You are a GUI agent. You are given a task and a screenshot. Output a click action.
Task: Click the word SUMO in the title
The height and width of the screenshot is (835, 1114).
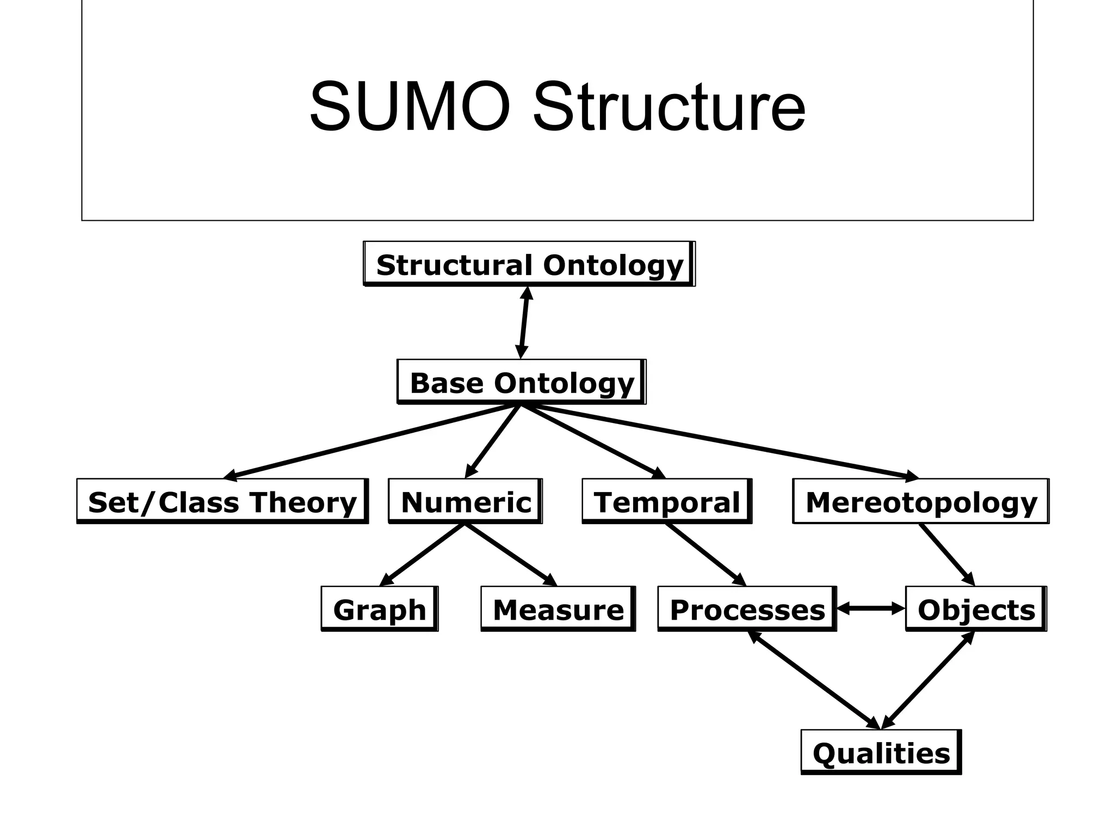(411, 107)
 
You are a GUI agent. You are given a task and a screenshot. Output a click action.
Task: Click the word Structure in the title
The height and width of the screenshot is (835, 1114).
(669, 107)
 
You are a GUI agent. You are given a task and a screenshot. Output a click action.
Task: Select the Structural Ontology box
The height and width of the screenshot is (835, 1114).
(529, 264)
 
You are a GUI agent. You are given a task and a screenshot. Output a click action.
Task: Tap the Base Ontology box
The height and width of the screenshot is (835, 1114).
(522, 382)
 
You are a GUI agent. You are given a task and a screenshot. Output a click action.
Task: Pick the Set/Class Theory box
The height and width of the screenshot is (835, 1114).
(222, 501)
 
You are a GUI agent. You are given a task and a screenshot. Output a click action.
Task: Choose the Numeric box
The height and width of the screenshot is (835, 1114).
(466, 501)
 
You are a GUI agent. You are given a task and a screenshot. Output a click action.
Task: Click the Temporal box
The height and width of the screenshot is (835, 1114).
(667, 501)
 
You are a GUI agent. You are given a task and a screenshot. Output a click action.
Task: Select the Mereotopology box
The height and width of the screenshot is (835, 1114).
(921, 501)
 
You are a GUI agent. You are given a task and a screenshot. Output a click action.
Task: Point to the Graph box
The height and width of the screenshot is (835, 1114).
(379, 609)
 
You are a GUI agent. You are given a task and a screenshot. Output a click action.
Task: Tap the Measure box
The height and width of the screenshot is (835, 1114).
(558, 609)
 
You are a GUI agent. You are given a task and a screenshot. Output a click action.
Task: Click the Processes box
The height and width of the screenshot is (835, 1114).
(747, 609)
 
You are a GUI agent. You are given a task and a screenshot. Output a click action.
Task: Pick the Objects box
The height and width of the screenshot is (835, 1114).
(976, 609)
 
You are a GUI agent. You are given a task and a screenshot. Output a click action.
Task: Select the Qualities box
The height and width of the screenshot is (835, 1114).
(881, 752)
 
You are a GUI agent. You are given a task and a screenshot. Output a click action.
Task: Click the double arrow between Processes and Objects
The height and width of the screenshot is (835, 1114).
(871, 609)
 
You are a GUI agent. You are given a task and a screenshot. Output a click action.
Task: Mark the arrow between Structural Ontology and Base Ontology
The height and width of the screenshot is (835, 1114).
(524, 323)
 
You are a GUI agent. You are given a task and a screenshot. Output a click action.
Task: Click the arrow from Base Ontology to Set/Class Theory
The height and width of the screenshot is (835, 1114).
(370, 441)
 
